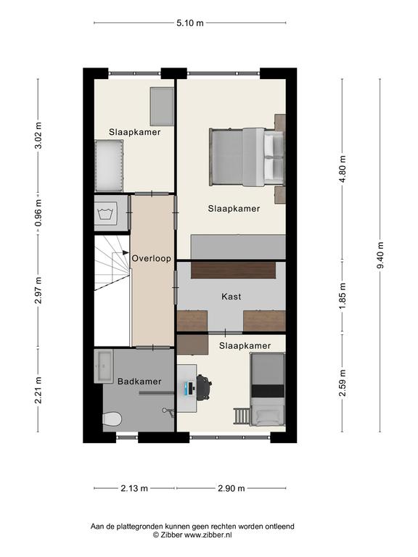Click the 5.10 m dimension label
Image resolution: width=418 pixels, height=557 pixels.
(190, 23)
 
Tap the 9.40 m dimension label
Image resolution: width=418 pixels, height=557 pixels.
(380, 255)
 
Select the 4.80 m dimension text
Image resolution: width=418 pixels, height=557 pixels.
(343, 169)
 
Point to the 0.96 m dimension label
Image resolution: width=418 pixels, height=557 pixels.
(38, 213)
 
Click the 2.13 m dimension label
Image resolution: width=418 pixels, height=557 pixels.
(134, 488)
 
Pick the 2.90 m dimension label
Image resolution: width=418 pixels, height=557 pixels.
(231, 488)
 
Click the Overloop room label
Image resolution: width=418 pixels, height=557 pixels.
(152, 259)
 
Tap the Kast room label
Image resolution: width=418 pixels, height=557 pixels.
(231, 296)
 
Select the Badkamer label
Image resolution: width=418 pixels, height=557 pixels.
(139, 381)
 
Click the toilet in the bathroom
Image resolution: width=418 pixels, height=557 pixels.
(112, 418)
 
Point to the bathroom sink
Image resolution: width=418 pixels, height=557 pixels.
(104, 366)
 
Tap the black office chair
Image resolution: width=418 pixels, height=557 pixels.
(204, 387)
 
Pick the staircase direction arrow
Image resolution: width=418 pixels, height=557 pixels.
(126, 252)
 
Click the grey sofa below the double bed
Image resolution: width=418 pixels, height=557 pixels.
(238, 247)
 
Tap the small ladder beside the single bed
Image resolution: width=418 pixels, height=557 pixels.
(242, 416)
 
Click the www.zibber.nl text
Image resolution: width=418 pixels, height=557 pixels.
(208, 535)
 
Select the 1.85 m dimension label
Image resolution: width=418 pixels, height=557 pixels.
(343, 296)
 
